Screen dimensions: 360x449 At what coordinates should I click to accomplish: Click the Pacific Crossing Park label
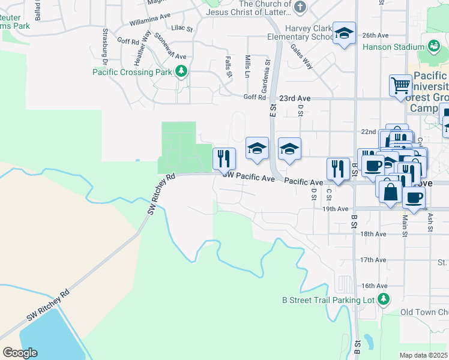pyautogui.click(x=132, y=72)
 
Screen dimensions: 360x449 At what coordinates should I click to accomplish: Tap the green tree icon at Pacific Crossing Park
pyautogui.click(x=181, y=72)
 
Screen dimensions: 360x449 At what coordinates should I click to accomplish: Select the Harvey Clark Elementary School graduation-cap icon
pyautogui.click(x=345, y=34)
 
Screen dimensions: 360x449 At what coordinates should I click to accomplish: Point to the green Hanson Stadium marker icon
pyautogui.click(x=432, y=46)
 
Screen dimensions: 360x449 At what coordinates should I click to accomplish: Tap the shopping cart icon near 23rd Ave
pyautogui.click(x=400, y=85)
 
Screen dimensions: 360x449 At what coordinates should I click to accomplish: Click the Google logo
pyautogui.click(x=20, y=353)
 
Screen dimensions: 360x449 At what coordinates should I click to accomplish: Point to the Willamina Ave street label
pyautogui.click(x=149, y=19)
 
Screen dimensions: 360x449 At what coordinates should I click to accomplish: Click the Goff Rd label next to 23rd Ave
pyautogui.click(x=254, y=97)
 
